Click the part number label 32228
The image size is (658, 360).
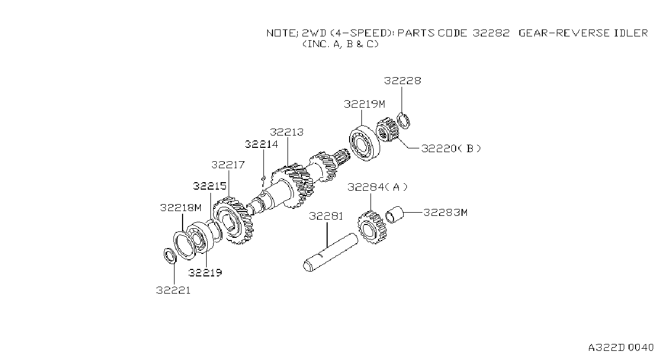(403, 80)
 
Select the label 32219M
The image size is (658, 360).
(364, 104)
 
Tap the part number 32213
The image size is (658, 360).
(286, 132)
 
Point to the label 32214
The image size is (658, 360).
(261, 144)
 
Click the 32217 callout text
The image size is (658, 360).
(228, 165)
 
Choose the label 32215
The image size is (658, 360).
(210, 186)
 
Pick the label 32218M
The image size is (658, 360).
(180, 208)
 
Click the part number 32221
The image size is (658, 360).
(173, 290)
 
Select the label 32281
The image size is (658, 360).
(326, 216)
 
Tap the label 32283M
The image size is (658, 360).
(445, 212)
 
